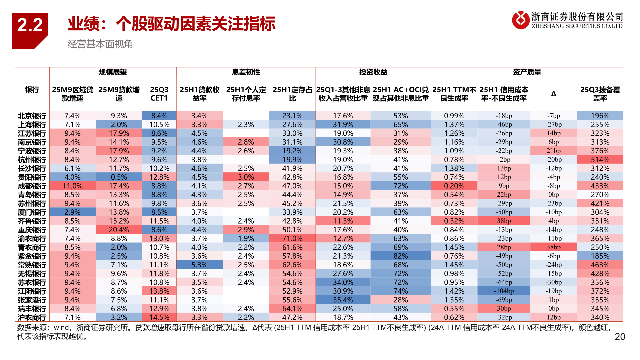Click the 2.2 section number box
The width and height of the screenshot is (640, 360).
30,27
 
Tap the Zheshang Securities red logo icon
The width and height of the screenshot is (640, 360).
520,20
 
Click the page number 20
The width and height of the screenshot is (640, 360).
619,337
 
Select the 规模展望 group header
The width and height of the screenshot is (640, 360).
113,72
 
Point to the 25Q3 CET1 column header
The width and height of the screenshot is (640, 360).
159,94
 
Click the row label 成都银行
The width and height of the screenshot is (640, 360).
32,186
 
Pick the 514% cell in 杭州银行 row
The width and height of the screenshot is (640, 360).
600,160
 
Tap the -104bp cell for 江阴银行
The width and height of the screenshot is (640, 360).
504,291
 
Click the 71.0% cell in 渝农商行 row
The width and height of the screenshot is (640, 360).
292,239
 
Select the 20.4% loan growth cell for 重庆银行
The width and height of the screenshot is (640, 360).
119,230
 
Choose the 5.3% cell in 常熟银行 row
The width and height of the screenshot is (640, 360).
199,265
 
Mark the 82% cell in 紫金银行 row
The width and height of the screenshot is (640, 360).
400,256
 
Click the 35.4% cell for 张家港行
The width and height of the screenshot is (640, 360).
343,300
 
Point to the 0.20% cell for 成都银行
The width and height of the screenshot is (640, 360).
454,186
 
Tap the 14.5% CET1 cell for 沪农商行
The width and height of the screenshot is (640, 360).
159,317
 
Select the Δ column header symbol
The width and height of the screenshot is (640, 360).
553,94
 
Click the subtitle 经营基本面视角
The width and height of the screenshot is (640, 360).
100,44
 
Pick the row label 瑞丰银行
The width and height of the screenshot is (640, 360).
32,309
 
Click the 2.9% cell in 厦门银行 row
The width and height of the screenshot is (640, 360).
72,212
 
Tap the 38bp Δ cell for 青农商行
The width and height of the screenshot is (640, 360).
553,247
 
